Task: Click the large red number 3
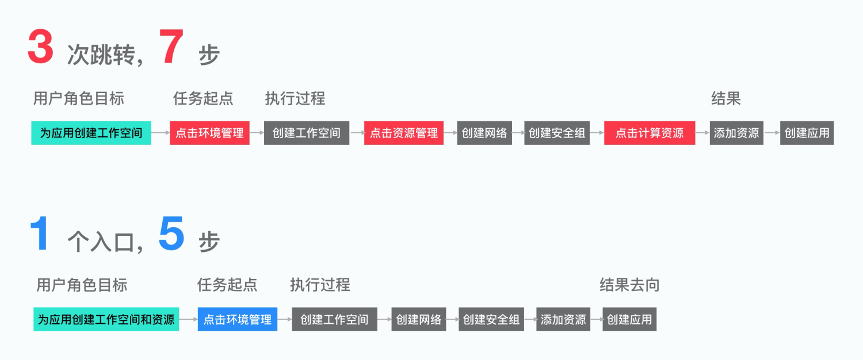(40, 47)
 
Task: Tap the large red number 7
(171, 47)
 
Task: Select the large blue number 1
(39, 234)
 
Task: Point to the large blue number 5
(171, 234)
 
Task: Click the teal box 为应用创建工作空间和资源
(106, 319)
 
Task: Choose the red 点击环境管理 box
(209, 133)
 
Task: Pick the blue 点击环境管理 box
(238, 319)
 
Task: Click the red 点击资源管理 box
(404, 133)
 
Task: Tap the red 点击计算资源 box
(650, 133)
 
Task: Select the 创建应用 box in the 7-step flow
(807, 133)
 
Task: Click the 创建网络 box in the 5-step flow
(419, 319)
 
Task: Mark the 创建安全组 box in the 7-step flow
(557, 133)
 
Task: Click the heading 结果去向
(629, 285)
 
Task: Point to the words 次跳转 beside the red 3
(101, 56)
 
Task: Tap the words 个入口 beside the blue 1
(101, 242)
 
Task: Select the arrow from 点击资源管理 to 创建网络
(450, 133)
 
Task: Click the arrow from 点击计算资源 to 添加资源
(702, 133)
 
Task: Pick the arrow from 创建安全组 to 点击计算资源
(597, 133)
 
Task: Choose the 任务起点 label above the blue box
(227, 285)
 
